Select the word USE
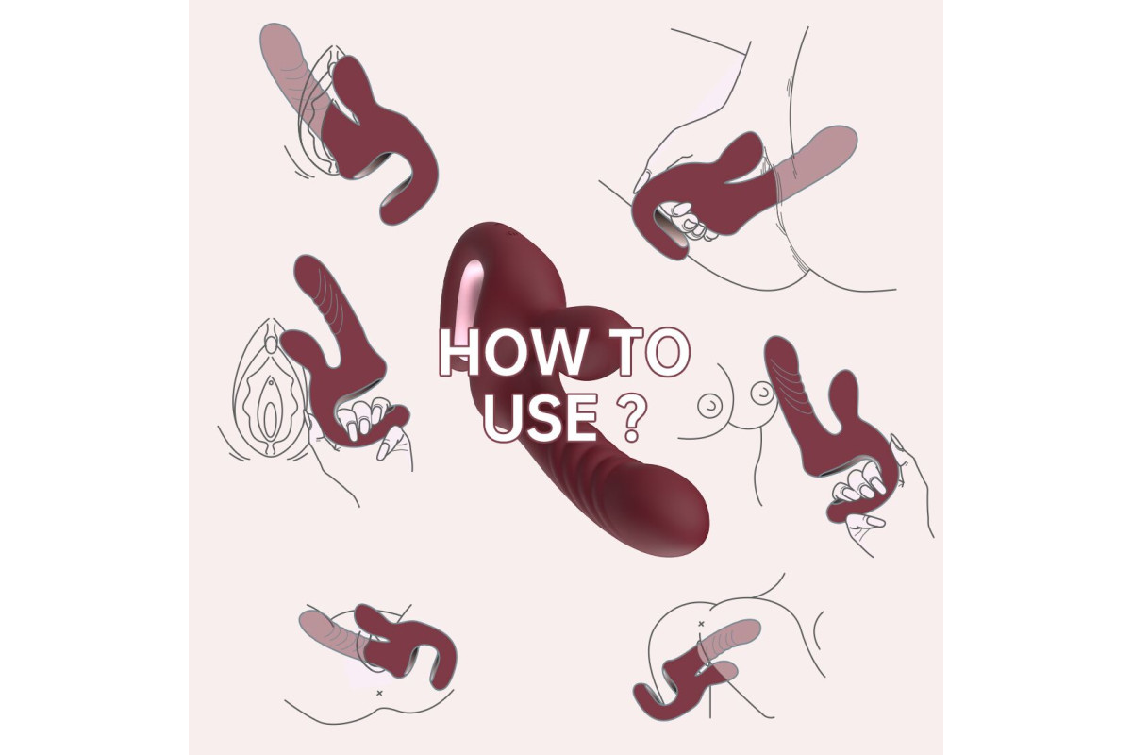pyautogui.click(x=541, y=417)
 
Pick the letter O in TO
pyautogui.click(x=668, y=352)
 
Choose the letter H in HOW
pyautogui.click(x=458, y=352)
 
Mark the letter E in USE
pyautogui.click(x=582, y=417)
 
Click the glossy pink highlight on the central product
pyautogui.click(x=469, y=304)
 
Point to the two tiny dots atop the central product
pyautogui.click(x=511, y=234)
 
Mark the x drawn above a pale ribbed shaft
pyautogui.click(x=701, y=624)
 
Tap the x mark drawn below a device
pyautogui.click(x=379, y=693)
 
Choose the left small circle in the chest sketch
pyautogui.click(x=710, y=406)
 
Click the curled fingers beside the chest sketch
pyautogui.click(x=859, y=484)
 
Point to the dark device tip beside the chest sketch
pyautogui.click(x=781, y=354)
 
